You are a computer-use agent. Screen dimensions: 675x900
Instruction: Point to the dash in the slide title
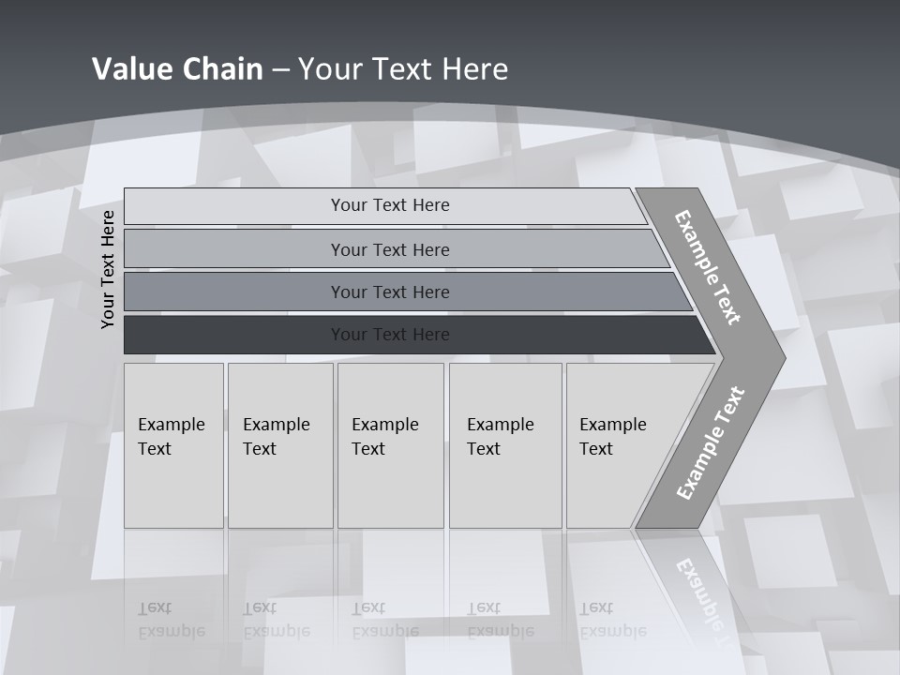tap(280, 69)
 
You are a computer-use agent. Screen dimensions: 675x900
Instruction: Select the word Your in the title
tap(328, 69)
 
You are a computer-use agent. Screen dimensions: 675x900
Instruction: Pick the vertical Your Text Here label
tap(108, 270)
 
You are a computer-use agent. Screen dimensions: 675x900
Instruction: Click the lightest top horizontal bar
tap(390, 205)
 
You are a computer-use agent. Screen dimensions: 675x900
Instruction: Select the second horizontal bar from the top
tap(390, 249)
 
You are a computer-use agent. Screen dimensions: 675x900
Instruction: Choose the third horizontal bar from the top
tap(390, 292)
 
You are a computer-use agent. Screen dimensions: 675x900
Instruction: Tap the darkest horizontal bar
tap(390, 335)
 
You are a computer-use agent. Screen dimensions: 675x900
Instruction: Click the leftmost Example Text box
tap(173, 445)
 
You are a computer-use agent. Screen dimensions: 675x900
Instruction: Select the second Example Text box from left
tap(279, 445)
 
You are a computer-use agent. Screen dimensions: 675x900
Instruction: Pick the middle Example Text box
tap(389, 445)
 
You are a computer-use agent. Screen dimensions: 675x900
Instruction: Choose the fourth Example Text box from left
tap(504, 445)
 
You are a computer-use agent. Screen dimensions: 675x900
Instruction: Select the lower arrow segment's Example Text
tap(710, 442)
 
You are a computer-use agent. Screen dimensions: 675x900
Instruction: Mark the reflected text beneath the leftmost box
tap(171, 620)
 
